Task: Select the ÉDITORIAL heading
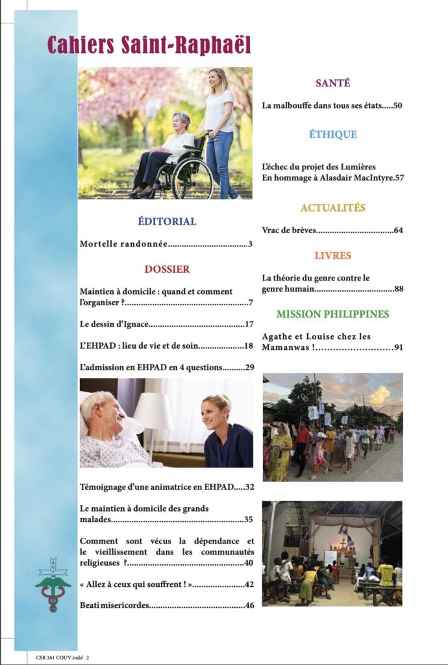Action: (167, 221)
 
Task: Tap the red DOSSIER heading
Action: (167, 269)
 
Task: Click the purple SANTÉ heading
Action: (332, 83)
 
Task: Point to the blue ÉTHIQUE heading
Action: (332, 134)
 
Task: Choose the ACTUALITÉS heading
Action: (332, 208)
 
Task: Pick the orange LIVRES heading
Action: (332, 255)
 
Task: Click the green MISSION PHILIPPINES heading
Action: (332, 314)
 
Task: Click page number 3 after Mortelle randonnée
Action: (249, 244)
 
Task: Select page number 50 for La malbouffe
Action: (398, 105)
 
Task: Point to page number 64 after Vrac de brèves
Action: (398, 231)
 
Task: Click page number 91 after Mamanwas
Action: (398, 347)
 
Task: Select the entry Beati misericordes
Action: (114, 605)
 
